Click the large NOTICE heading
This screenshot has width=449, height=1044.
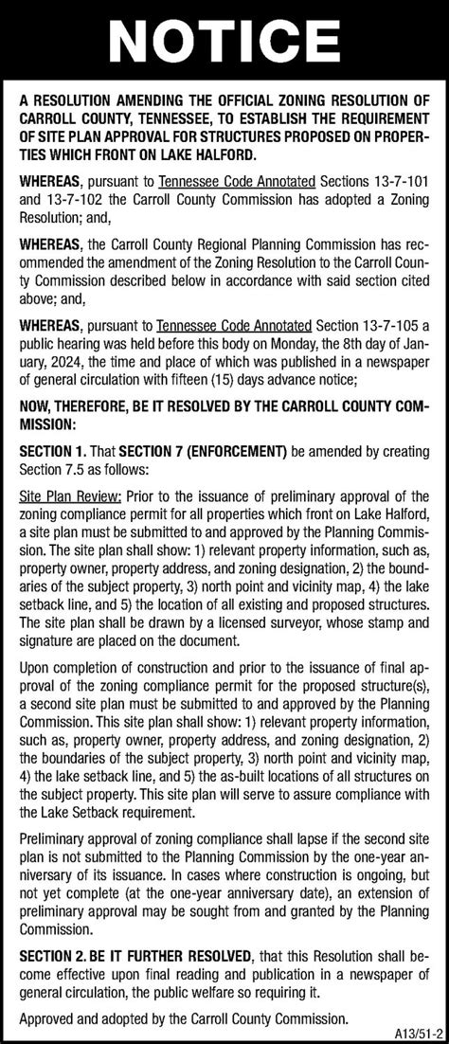point(224,42)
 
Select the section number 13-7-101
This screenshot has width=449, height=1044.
point(398,181)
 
